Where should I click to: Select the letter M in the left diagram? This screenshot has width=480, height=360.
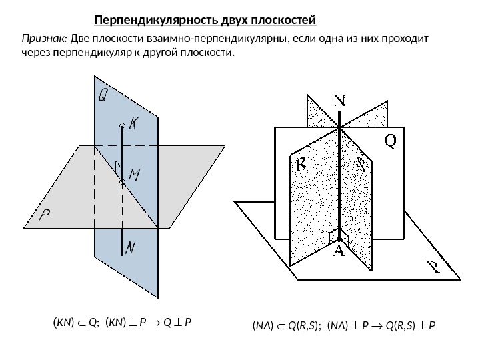[134, 176]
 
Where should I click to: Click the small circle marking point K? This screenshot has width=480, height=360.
[121, 125]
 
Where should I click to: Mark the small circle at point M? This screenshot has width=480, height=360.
[121, 181]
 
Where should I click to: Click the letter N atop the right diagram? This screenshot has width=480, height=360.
[339, 101]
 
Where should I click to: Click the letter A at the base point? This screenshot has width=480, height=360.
[339, 252]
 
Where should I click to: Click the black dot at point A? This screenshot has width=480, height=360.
[339, 237]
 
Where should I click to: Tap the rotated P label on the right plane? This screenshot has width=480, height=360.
[433, 267]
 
